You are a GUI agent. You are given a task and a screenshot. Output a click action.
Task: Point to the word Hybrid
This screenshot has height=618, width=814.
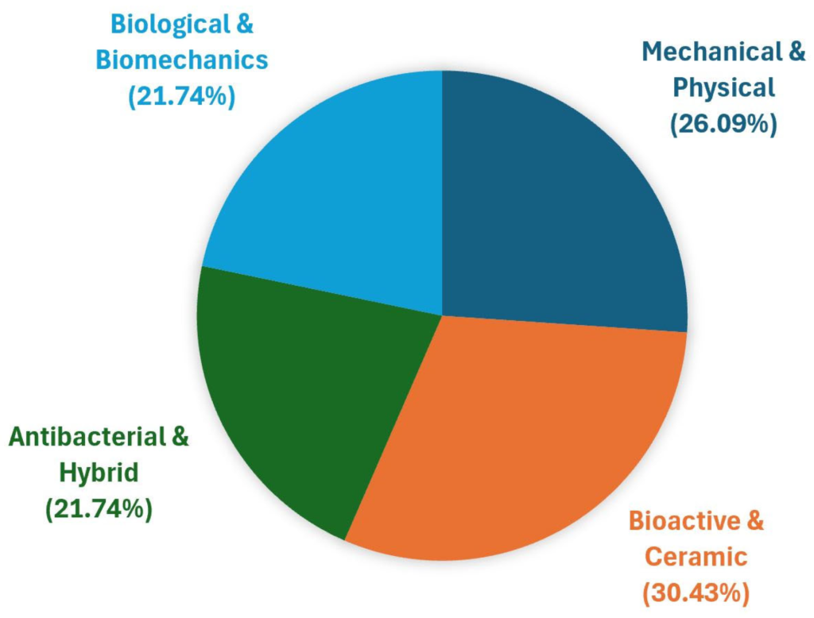[x=99, y=473]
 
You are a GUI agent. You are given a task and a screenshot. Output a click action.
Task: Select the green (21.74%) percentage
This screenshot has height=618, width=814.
[x=99, y=508]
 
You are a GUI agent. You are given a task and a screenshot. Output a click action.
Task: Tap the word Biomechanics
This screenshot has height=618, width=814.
[x=182, y=60]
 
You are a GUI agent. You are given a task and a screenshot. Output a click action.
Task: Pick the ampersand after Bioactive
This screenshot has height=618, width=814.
[x=753, y=522]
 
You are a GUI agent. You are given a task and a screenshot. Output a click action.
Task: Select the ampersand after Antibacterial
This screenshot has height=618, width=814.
[x=180, y=438]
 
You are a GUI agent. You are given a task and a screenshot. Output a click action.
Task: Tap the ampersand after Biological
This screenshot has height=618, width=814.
[x=244, y=24]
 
